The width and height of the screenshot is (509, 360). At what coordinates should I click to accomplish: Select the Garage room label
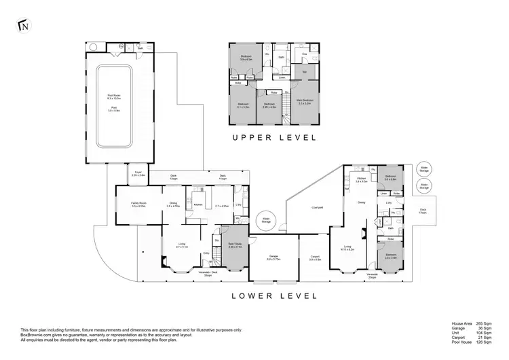[273, 258]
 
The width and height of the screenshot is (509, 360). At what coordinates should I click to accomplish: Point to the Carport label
[315, 258]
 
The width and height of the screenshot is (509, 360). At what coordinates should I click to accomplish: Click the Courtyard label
[316, 206]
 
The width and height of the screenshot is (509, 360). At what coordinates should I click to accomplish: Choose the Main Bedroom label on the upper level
[304, 101]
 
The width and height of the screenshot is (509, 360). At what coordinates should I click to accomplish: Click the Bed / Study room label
[235, 245]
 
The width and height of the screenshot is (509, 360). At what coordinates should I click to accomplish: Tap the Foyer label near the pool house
[138, 174]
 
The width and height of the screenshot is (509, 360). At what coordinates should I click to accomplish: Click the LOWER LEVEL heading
[275, 295]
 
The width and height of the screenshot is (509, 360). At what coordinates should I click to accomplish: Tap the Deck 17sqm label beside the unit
[423, 211]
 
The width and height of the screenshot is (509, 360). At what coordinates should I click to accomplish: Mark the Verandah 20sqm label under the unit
[372, 276]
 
